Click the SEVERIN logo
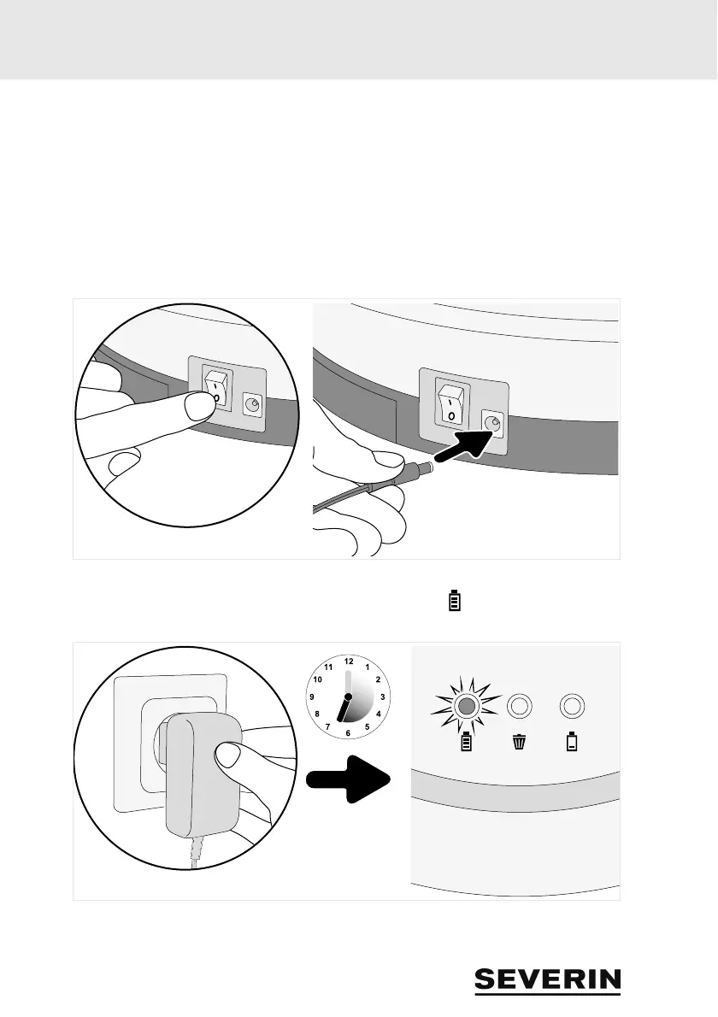click(548, 980)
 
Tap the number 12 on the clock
click(348, 661)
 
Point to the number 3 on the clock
click(383, 697)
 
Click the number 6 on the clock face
click(348, 732)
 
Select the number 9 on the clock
click(313, 697)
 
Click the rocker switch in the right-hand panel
click(450, 402)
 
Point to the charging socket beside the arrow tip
click(493, 421)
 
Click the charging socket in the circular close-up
click(252, 403)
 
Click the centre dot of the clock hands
click(348, 697)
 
